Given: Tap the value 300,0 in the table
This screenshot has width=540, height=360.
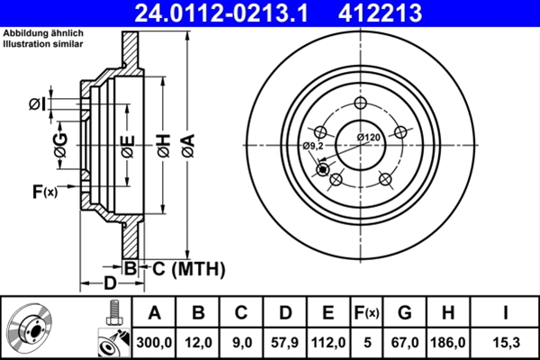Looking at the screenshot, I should click(x=154, y=342).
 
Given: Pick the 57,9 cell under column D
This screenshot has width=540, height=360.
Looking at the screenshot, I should click(x=285, y=342).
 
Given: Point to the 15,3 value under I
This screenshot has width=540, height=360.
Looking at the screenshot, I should click(x=508, y=342).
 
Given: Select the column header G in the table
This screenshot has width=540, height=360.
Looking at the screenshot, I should click(x=405, y=313).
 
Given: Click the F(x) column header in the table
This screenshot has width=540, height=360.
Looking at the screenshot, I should click(x=366, y=313).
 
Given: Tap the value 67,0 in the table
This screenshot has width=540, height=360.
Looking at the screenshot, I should click(x=405, y=342).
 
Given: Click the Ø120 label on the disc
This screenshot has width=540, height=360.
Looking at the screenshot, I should click(x=369, y=136).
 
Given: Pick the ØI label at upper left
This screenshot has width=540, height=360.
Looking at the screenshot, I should click(x=37, y=104).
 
